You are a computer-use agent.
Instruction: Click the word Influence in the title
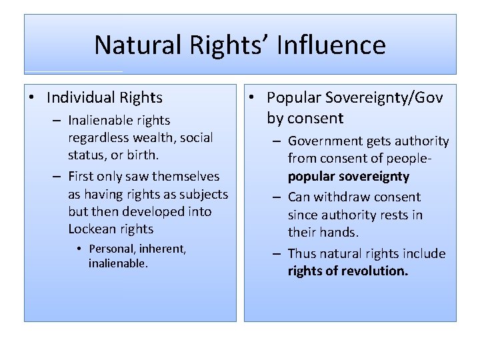[331, 45]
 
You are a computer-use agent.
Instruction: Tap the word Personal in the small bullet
[113, 249]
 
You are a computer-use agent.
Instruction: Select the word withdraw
[344, 197]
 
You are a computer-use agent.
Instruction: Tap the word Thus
[301, 253]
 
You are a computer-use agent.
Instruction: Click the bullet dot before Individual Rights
[32, 99]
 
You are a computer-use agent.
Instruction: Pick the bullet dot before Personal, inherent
[79, 249]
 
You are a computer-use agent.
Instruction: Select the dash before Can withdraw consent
[277, 197]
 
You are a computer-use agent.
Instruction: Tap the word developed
[152, 211]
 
